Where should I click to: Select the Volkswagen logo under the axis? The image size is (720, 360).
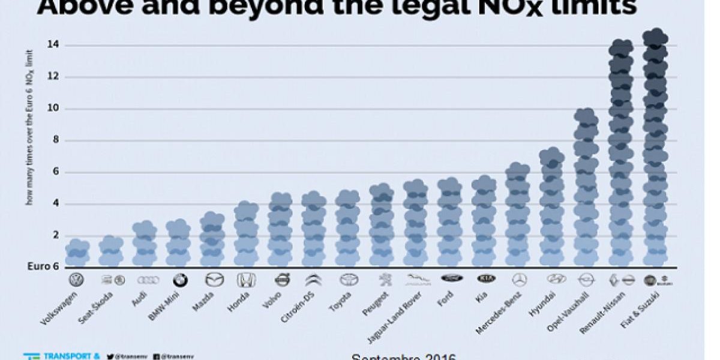(77, 280)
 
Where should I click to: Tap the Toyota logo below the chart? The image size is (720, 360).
(349, 280)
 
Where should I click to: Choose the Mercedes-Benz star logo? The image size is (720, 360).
(518, 280)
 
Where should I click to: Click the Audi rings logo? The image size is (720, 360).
(146, 280)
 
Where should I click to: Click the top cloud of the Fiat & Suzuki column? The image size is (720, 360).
(655, 37)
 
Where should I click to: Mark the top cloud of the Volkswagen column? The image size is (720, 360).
(77, 247)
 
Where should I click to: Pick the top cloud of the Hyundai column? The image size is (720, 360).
(551, 157)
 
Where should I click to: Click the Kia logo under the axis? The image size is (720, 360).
(486, 279)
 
